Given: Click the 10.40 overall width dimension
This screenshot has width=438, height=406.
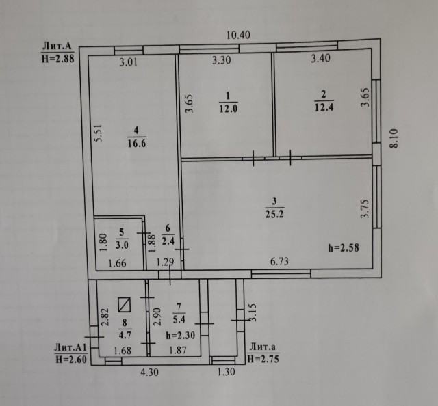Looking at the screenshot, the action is (x=238, y=35).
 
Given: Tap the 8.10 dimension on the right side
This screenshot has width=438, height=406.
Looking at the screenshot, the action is (x=394, y=138).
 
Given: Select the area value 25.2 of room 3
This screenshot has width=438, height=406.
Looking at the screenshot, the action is (x=274, y=214).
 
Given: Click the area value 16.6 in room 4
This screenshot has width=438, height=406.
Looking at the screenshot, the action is (x=137, y=144).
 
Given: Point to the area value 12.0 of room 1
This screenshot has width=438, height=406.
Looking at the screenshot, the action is (x=228, y=109).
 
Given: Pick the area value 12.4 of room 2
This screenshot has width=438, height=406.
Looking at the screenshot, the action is (x=324, y=107).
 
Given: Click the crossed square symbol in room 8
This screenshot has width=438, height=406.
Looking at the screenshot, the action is (x=125, y=305).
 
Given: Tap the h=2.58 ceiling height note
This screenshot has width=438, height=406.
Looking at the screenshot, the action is (x=344, y=248).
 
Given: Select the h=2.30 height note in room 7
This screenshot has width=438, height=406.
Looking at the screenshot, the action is (x=181, y=335).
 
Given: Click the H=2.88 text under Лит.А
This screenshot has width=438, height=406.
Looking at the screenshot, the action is (x=58, y=59).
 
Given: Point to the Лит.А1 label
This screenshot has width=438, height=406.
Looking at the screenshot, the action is (x=70, y=347).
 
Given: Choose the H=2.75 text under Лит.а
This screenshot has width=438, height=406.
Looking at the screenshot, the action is (x=263, y=359).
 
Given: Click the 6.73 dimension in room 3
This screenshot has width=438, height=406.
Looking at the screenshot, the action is (x=279, y=262).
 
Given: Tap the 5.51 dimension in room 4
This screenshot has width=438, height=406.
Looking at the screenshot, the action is (x=99, y=133).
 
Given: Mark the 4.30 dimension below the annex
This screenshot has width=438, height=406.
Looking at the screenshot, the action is (x=149, y=372).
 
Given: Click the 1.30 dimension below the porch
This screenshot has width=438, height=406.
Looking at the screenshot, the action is (x=226, y=372).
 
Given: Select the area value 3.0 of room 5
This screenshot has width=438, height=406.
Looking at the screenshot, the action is (x=122, y=245).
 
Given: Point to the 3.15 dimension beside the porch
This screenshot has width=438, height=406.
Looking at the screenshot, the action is (x=253, y=312).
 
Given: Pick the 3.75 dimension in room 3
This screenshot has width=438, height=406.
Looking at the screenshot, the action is (x=365, y=208).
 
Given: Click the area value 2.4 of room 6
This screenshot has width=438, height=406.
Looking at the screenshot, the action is (x=168, y=241).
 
